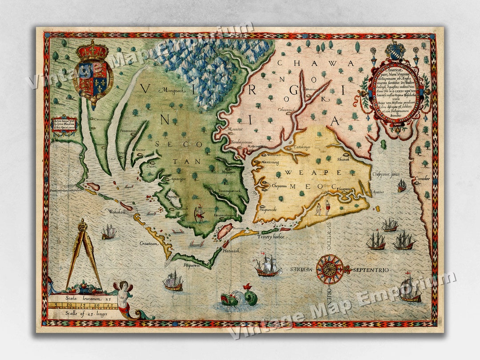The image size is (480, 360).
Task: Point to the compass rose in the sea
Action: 330,269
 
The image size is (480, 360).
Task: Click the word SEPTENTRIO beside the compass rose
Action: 371,270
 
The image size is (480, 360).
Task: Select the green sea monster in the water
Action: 238,297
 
